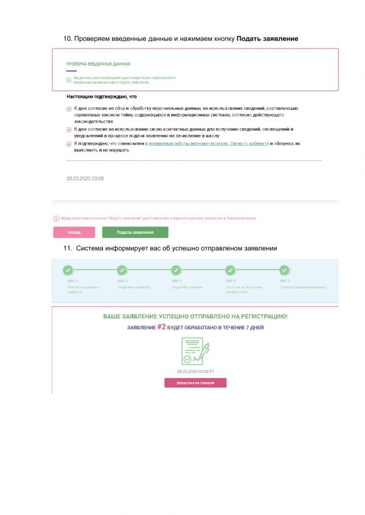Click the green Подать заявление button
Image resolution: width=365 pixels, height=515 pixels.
point(135,232)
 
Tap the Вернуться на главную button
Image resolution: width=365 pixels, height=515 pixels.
point(195,383)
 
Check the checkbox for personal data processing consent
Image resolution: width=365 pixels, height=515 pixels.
point(69,109)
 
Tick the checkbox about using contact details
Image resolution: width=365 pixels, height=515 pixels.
point(69,129)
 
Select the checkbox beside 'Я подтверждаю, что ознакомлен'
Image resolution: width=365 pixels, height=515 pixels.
point(69,144)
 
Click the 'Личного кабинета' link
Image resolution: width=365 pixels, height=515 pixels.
point(245,144)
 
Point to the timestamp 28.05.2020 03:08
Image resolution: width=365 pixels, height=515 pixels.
point(85,179)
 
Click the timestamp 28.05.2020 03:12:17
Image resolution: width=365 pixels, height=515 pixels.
point(195,370)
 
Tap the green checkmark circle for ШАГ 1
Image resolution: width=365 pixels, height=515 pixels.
point(68,270)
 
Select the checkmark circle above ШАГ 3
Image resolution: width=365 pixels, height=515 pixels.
point(176,270)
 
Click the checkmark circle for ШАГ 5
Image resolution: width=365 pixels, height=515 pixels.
point(284,270)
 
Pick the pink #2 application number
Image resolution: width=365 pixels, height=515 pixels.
point(162,327)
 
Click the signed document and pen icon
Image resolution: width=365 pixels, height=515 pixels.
point(195,350)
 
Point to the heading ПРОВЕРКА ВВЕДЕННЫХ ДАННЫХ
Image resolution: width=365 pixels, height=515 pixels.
point(98,64)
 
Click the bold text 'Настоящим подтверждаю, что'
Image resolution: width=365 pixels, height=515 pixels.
point(101,96)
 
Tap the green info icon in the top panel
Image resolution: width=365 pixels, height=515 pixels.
point(69,80)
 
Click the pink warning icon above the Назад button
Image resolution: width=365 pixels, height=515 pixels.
point(55,217)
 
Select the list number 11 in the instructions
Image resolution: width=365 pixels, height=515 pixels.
point(68,248)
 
